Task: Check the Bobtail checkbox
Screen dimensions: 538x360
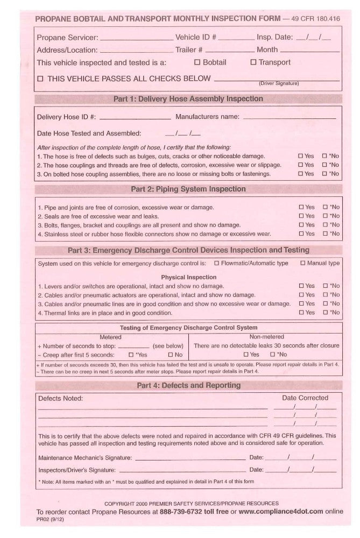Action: (197, 62)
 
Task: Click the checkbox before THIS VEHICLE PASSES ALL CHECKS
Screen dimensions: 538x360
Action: (40, 79)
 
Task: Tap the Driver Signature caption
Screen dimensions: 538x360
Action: (276, 83)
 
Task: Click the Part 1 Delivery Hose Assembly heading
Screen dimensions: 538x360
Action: (188, 99)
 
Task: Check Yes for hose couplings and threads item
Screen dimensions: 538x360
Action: (301, 165)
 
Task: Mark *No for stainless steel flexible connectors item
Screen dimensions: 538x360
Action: (325, 234)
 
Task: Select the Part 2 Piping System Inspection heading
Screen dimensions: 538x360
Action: (188, 189)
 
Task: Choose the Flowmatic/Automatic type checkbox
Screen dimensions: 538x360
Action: (216, 264)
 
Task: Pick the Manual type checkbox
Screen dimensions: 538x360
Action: (303, 264)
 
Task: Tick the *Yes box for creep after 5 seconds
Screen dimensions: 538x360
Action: (131, 356)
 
